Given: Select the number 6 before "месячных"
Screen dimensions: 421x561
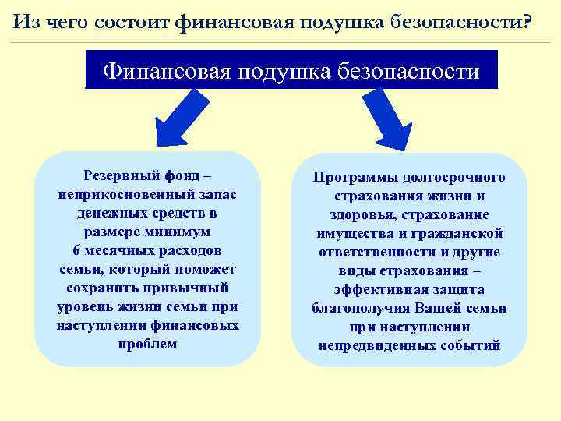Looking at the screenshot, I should tap(76, 250).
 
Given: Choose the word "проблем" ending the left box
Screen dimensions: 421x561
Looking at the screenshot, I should tap(147, 344).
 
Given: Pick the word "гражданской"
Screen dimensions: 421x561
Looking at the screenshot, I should tap(459, 234).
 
